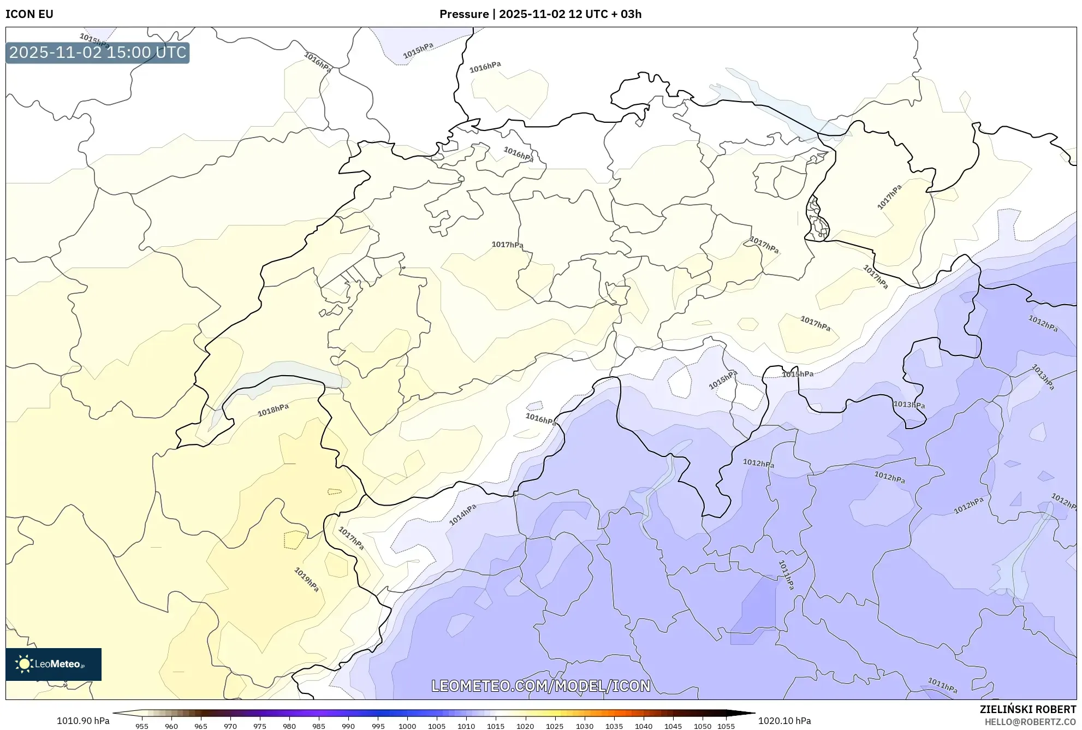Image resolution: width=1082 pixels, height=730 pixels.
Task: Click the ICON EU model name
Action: pos(29,14)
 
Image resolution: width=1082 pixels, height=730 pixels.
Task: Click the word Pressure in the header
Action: pos(463,14)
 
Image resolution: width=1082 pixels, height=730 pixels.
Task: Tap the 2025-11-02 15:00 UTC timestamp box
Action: pos(98,53)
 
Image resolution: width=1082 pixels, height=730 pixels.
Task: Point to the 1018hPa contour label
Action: pos(273,410)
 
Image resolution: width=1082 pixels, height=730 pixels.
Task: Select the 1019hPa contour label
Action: pos(306,580)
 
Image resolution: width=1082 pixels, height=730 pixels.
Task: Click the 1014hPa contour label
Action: pos(462,514)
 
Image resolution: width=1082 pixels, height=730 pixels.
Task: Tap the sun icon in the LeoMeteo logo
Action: pos(24,664)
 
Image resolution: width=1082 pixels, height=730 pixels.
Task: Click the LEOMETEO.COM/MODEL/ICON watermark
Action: pos(540,686)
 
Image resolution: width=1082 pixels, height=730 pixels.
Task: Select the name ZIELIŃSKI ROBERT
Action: pos(1027,709)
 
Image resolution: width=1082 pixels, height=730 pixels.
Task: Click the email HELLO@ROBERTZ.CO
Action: pos(1030,722)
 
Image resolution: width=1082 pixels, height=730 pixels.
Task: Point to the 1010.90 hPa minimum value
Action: pos(83,721)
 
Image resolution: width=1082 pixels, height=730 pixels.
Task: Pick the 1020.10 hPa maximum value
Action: pos(784,721)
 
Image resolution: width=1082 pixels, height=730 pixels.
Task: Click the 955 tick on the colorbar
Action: pos(142,726)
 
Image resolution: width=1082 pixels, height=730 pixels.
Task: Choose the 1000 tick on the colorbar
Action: pos(407,726)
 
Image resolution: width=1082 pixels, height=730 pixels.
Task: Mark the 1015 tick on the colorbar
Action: pos(496,726)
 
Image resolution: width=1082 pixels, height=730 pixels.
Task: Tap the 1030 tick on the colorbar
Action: pos(584,726)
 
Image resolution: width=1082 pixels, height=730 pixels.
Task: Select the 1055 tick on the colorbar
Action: pos(726,726)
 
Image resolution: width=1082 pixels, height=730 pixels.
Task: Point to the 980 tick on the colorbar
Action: pos(289,726)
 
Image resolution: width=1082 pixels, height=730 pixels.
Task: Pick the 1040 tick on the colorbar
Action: pos(644,726)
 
